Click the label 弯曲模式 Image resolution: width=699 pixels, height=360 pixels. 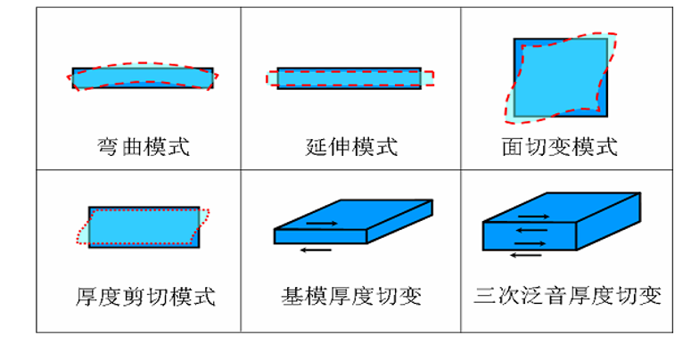[x=143, y=146]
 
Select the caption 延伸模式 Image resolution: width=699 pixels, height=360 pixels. [x=351, y=146]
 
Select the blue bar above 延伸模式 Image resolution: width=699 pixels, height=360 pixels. [x=349, y=78]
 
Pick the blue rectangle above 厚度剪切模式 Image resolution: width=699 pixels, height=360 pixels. [x=144, y=227]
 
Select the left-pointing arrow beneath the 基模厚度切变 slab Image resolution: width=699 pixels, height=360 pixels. [x=316, y=250]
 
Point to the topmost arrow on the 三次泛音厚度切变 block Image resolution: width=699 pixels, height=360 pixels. [x=532, y=216]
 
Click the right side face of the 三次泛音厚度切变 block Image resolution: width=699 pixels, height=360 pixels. [x=608, y=223]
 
